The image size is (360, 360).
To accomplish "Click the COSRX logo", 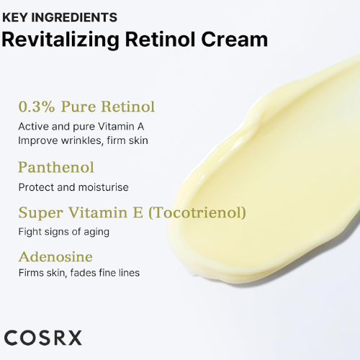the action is (x=43, y=338).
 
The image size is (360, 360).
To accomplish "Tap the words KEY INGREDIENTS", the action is (x=60, y=17).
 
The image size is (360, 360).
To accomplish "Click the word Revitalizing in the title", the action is (x=60, y=40).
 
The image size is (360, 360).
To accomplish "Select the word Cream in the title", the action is (x=235, y=39).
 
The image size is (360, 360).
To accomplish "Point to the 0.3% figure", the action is (x=37, y=107).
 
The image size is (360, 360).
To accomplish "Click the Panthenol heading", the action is (x=56, y=167).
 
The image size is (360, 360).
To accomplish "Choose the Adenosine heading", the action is (x=55, y=257).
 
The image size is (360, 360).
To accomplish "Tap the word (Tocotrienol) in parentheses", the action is (x=197, y=212).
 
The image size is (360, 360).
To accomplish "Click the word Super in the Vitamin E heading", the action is (x=41, y=213).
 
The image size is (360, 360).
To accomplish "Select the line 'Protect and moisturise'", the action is (x=73, y=187).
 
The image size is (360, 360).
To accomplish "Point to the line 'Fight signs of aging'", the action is (x=64, y=232).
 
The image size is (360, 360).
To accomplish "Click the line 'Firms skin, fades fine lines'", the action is (x=79, y=273).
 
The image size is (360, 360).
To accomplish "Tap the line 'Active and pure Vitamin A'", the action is (x=81, y=127).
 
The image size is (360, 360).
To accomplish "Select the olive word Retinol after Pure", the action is (x=127, y=107).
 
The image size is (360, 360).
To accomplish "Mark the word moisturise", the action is (x=104, y=187).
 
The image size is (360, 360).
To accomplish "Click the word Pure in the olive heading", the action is (x=78, y=107).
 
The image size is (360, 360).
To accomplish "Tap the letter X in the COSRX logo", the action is (x=73, y=338).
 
